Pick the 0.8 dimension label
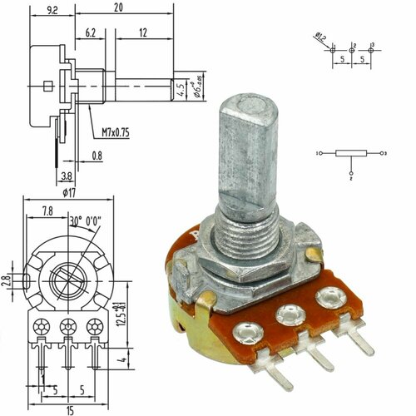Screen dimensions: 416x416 tap(97, 155)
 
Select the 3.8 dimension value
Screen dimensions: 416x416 tap(66, 176)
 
